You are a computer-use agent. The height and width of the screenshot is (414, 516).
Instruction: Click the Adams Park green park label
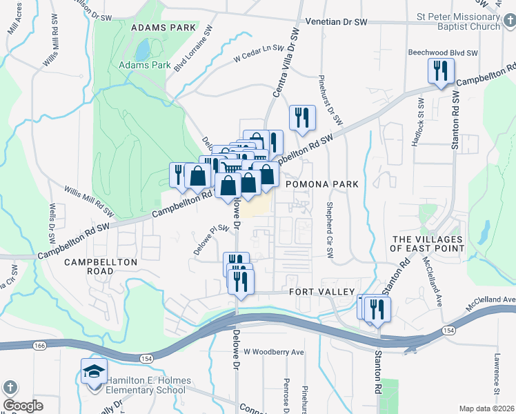point(145,66)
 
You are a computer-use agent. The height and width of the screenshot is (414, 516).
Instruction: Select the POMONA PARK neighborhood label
point(322,184)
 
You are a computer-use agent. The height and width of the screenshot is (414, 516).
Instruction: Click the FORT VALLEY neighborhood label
point(321,292)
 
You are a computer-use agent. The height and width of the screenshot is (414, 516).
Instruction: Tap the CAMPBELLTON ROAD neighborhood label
point(101,266)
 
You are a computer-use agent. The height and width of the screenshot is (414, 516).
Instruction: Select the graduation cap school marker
point(94,372)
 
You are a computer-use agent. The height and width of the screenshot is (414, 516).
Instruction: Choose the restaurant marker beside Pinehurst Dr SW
point(301,117)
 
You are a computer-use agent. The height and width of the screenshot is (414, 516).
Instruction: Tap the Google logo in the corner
point(23,406)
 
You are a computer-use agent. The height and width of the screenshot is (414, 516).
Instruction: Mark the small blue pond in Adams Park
point(143,50)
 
